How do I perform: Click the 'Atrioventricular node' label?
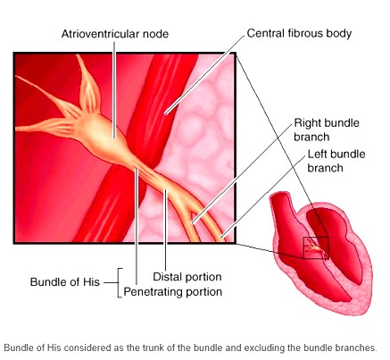pyautogui.click(x=115, y=34)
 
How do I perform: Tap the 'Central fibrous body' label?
pyautogui.click(x=299, y=33)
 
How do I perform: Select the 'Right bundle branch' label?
pyautogui.click(x=327, y=130)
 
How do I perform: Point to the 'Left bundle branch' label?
pyautogui.click(x=336, y=161)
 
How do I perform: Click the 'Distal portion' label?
pyautogui.click(x=187, y=277)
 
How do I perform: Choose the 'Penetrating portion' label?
pyautogui.click(x=172, y=291)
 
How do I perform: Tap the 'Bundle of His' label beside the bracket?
pyautogui.click(x=65, y=282)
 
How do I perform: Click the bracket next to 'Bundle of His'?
pyautogui.click(x=119, y=282)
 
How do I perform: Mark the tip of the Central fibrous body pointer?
pyautogui.click(x=166, y=113)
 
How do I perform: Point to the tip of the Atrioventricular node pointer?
pyautogui.click(x=114, y=138)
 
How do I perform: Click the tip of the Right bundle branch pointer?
pyautogui.click(x=193, y=222)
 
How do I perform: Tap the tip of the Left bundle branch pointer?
pyautogui.click(x=221, y=237)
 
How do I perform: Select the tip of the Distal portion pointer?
pyautogui.click(x=166, y=189)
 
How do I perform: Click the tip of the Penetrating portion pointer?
pyautogui.click(x=137, y=170)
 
